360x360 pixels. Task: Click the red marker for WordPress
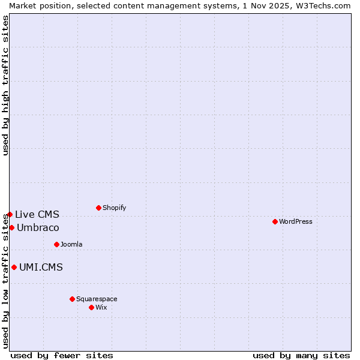pyautogui.click(x=275, y=221)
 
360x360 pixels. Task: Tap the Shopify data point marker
pyautogui.click(x=98, y=208)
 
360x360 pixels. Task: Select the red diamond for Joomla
pyautogui.click(x=56, y=244)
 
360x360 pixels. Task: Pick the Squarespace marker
pyautogui.click(x=72, y=299)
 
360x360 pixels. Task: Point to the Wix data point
pyautogui.click(x=91, y=307)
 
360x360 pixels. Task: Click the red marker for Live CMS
pyautogui.click(x=10, y=214)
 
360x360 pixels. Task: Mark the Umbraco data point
pyautogui.click(x=11, y=227)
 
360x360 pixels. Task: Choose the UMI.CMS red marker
pyautogui.click(x=14, y=267)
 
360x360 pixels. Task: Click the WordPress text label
pyautogui.click(x=296, y=221)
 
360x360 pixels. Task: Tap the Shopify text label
pyautogui.click(x=114, y=208)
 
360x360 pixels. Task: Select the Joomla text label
pyautogui.click(x=71, y=244)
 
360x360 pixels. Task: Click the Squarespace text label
pyautogui.click(x=97, y=299)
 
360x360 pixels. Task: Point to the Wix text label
pyautogui.click(x=101, y=307)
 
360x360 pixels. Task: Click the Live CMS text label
pyautogui.click(x=37, y=214)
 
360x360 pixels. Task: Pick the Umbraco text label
pyautogui.click(x=38, y=227)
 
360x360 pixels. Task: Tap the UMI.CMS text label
pyautogui.click(x=41, y=267)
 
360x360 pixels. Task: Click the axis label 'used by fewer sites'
pyautogui.click(x=62, y=355)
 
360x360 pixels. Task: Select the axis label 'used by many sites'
pyautogui.click(x=301, y=355)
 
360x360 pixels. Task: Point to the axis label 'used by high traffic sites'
pyautogui.click(x=5, y=85)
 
